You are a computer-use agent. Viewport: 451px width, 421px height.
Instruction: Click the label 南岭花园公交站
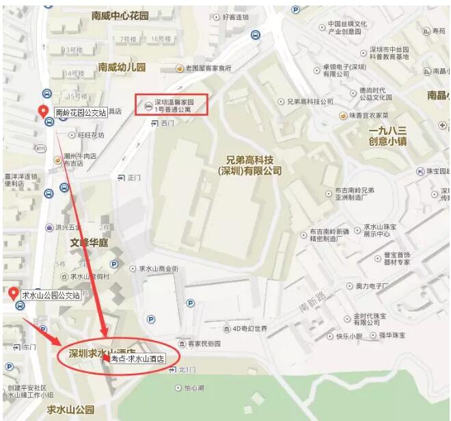[81, 112]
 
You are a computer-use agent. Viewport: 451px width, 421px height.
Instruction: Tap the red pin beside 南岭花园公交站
[42, 112]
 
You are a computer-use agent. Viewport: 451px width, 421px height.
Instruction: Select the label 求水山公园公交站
[51, 296]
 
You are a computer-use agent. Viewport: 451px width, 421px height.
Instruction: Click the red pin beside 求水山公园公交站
[13, 294]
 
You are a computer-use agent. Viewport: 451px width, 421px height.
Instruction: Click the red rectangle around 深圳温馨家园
[171, 104]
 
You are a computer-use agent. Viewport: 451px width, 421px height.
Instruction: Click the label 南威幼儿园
[122, 67]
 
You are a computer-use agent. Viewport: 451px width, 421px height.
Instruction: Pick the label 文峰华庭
[89, 242]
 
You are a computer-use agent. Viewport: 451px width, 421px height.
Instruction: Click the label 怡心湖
[199, 387]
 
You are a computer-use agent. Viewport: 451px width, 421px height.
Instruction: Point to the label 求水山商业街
[158, 269]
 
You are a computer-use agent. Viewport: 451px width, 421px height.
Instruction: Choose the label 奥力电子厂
[372, 285]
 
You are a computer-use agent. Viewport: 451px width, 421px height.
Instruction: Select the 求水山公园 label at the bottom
[70, 409]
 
